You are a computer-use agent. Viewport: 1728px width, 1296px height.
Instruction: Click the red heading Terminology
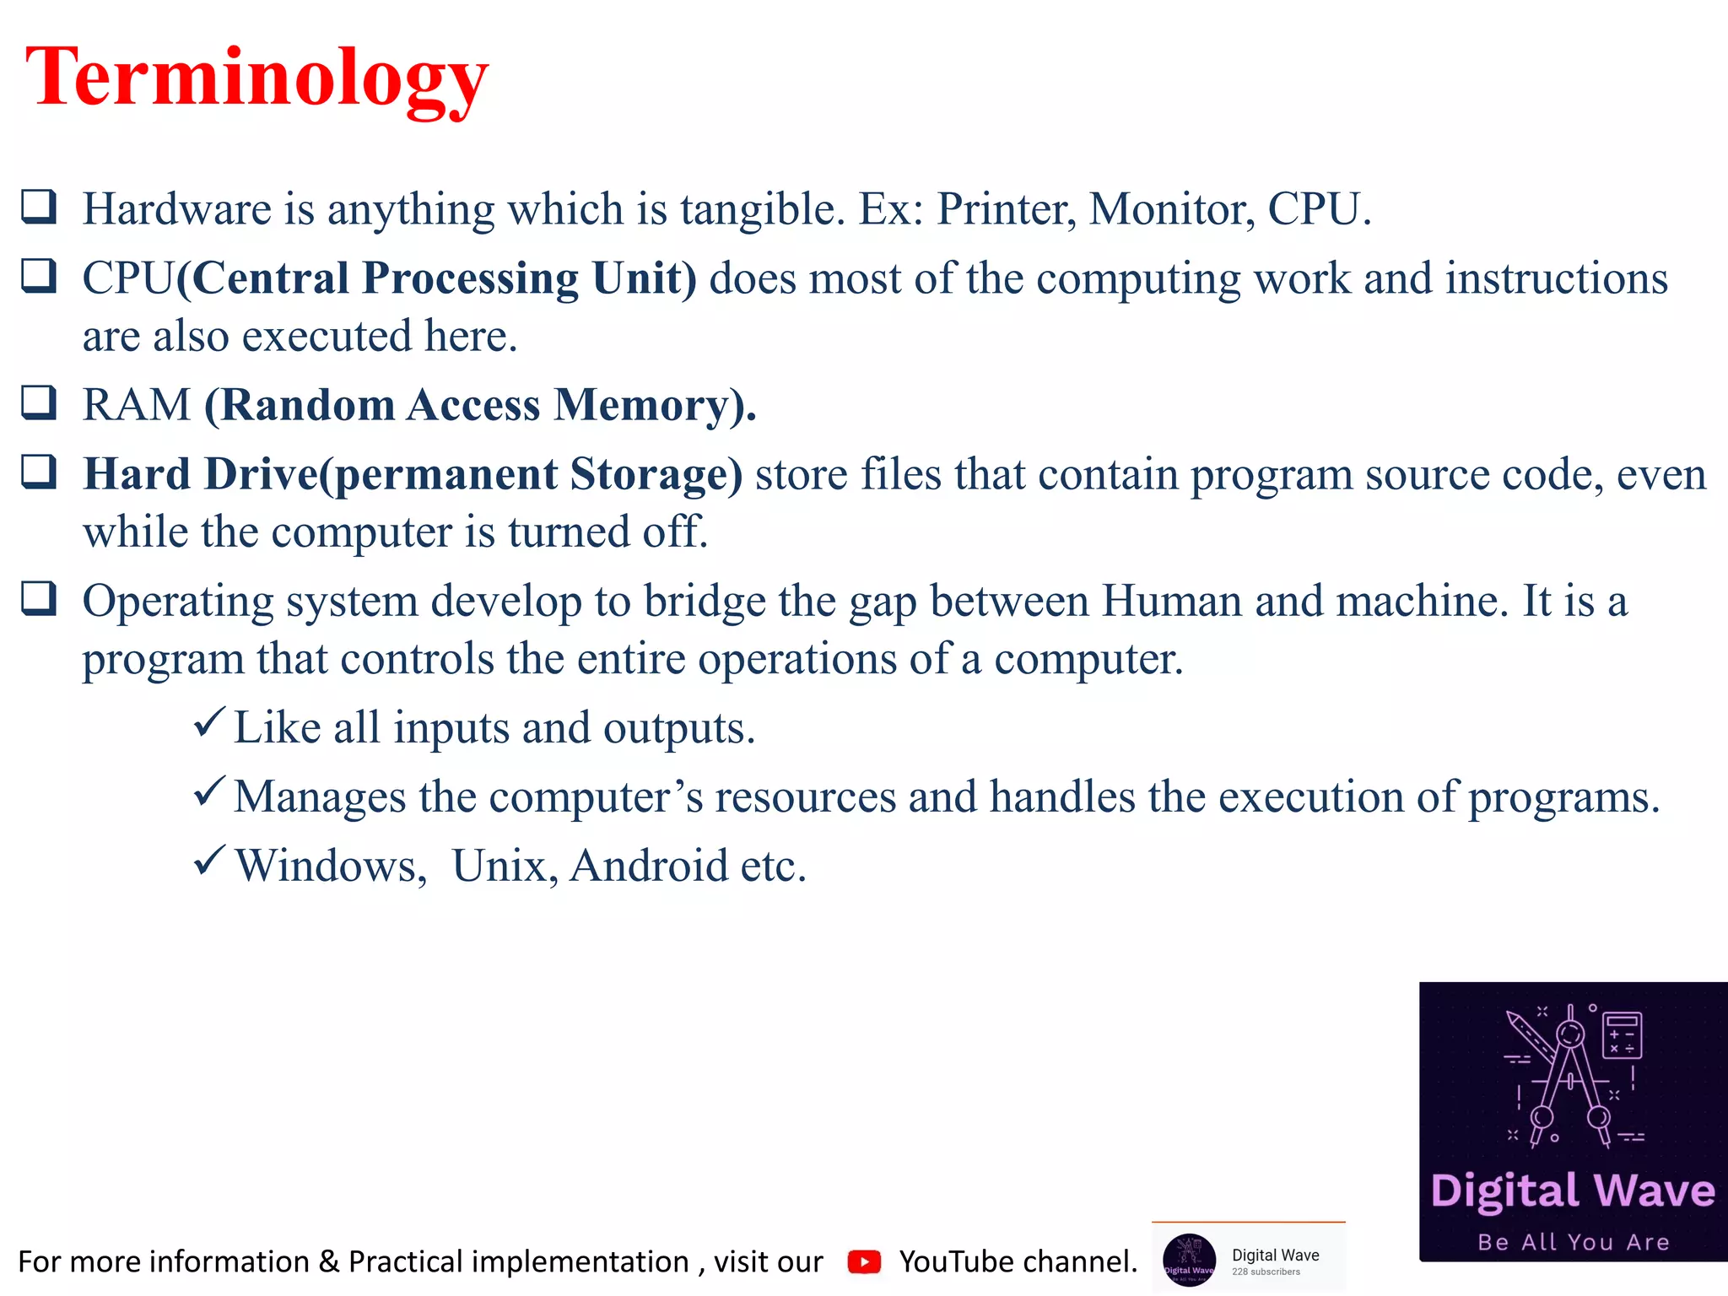(256, 78)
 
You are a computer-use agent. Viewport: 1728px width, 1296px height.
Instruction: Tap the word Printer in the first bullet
(1006, 209)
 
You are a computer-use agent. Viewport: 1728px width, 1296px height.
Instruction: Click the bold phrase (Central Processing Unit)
(437, 278)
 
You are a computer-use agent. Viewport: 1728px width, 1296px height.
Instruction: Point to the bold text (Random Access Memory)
(479, 405)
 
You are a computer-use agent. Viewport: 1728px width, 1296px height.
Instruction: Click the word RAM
(137, 405)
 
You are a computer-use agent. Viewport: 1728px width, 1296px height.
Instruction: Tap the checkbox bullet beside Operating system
(39, 599)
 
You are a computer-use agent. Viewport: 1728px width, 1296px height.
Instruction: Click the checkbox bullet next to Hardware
(39, 207)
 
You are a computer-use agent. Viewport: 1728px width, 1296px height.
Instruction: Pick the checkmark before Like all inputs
(208, 723)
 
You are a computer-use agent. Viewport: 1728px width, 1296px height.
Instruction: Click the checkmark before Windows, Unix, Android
(208, 861)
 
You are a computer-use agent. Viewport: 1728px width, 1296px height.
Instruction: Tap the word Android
(648, 866)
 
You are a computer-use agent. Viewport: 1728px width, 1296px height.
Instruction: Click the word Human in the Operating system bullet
(1171, 601)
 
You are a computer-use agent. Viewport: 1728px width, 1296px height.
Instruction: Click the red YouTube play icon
(864, 1261)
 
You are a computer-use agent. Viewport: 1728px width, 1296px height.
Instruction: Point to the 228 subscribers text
(1266, 1272)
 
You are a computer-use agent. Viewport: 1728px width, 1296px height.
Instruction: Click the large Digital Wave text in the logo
(1573, 1191)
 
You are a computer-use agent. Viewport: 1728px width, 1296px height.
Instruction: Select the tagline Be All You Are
(1573, 1242)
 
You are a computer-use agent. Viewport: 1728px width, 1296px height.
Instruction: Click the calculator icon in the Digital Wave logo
(1622, 1034)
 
